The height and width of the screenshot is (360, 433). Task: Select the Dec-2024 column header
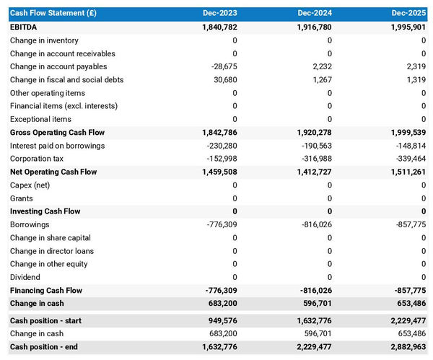(x=314, y=13)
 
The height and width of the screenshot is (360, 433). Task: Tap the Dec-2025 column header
(x=408, y=13)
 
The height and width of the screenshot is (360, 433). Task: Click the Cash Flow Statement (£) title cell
(x=54, y=13)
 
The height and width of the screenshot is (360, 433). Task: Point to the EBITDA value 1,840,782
(x=210, y=27)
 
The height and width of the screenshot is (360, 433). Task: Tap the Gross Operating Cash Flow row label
(x=57, y=133)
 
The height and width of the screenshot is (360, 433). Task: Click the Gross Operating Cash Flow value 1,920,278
(x=305, y=133)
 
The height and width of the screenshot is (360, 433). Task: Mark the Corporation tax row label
(x=36, y=159)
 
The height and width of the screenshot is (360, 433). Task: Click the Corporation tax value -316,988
(x=315, y=159)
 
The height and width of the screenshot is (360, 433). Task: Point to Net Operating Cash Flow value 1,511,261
(x=400, y=172)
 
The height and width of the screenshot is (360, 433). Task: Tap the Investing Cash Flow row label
(x=45, y=211)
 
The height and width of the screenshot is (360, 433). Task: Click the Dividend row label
(x=25, y=277)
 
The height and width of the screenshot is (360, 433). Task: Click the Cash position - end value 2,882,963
(x=400, y=347)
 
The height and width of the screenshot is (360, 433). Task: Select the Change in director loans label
(x=52, y=251)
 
